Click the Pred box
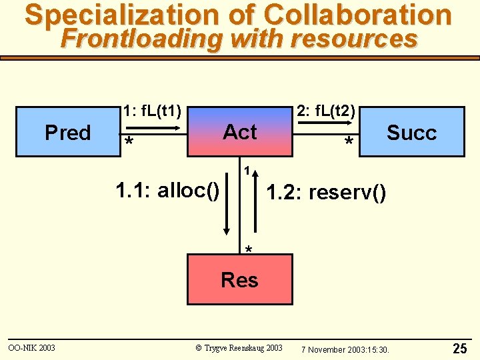(67, 131)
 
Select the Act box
(240, 131)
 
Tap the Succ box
(411, 132)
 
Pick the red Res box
(239, 279)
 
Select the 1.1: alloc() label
(167, 191)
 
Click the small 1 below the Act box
(247, 171)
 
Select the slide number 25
(459, 348)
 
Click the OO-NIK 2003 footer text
(31, 348)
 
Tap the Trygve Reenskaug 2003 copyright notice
(239, 348)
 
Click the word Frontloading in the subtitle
(141, 39)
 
